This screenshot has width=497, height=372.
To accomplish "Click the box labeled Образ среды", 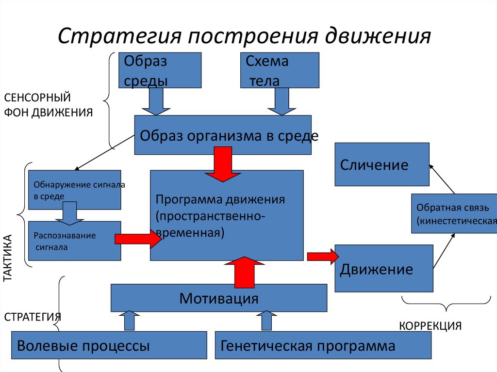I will point(161,70).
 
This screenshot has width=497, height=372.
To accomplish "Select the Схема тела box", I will point(280,70).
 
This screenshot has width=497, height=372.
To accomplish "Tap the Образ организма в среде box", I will point(223,135).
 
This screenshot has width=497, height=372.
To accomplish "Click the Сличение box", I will point(382,164).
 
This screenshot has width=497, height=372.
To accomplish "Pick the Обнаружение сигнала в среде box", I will point(75,190).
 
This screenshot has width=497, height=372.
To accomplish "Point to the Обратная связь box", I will point(454,213).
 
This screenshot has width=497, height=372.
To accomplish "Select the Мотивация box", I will point(219,298).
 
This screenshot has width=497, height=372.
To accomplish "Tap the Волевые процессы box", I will point(109,345).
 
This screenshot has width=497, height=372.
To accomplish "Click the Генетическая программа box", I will point(323,345).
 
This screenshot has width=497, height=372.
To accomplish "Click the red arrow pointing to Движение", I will point(322,256).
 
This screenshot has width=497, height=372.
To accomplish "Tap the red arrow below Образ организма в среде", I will point(222,164).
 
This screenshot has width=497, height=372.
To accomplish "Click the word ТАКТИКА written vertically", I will point(8,259).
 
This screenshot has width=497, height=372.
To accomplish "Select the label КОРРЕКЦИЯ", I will point(430,325).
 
